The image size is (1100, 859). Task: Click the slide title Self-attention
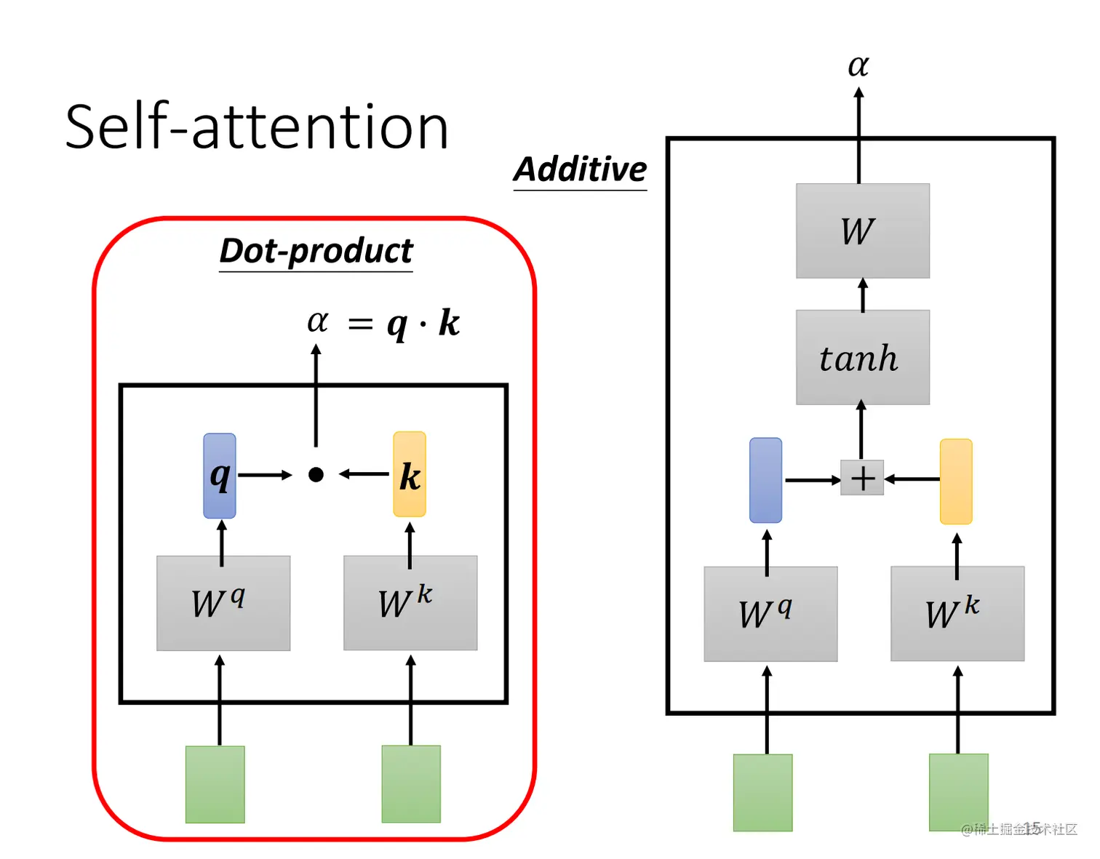256,127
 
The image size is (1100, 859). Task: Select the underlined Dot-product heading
316,252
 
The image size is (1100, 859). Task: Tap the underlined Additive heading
580,169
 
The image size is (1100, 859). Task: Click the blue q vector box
220,476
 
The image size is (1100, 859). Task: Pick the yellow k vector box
410,474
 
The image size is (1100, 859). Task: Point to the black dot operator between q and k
316,475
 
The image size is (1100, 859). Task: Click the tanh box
862,357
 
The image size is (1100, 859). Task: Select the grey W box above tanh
862,231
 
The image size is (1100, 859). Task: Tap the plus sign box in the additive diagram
862,478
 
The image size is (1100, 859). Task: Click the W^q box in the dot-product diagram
223,603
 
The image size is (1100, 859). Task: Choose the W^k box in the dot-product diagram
410,603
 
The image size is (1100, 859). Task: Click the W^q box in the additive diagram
770,614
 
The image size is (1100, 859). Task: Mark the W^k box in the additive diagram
957,614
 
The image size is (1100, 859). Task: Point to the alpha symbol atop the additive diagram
858,65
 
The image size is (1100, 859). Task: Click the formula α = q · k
383,322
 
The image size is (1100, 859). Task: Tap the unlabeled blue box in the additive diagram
765,480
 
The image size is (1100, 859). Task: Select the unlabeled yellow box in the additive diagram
956,481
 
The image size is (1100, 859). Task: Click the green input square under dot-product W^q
215,784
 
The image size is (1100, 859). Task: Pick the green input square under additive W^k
958,792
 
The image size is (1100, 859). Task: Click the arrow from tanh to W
863,295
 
